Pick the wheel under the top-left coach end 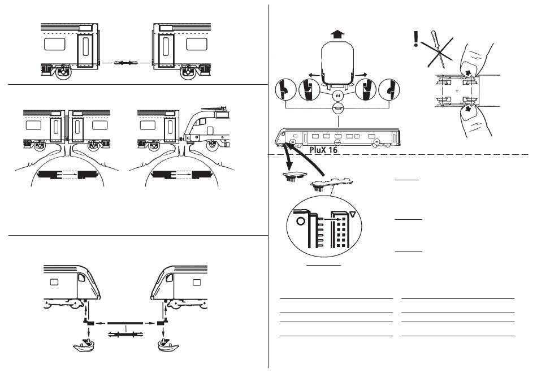tap(64, 72)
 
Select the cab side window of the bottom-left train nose tap(81, 278)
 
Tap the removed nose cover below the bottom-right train tap(167, 344)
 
